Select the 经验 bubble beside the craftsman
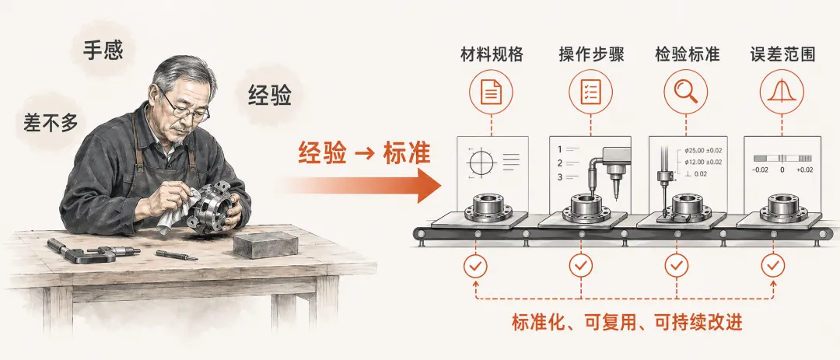coord(269,96)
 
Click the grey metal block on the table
coord(264,245)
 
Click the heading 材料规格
coord(492,55)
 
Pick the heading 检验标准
coord(687,55)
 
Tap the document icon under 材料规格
coord(491,93)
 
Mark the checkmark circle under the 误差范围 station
coord(772,266)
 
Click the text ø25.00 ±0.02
coord(702,151)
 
